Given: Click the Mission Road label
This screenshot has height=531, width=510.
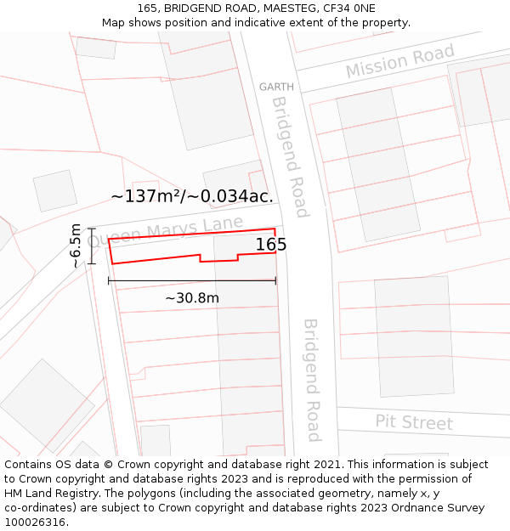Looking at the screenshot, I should [x=399, y=63].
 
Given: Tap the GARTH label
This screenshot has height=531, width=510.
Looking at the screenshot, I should [x=276, y=87].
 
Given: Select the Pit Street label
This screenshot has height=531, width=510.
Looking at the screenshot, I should [x=414, y=422].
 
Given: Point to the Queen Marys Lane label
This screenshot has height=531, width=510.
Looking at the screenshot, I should [x=165, y=232].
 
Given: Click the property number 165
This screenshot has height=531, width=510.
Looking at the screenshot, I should [x=271, y=245].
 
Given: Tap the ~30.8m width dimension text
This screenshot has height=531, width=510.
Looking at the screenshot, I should [x=192, y=298].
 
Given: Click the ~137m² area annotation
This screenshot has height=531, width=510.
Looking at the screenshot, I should [x=192, y=196].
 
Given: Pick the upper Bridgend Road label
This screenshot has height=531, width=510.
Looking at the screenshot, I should [x=290, y=144].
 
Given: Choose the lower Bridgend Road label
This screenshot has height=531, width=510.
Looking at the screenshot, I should [x=311, y=380].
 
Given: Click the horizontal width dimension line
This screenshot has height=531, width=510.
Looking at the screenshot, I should [x=192, y=280].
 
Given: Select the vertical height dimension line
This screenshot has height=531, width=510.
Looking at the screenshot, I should [x=91, y=246].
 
